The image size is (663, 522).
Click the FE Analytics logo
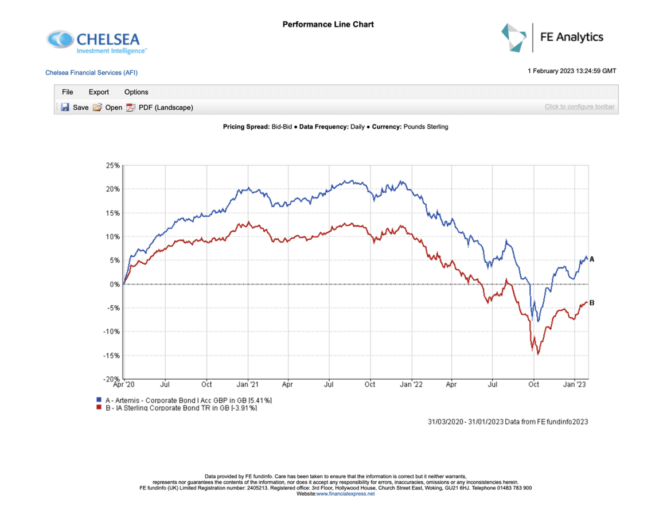[x=552, y=37]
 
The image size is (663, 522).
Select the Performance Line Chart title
[x=328, y=24]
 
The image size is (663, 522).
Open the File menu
[x=68, y=92]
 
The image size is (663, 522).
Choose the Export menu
[x=99, y=92]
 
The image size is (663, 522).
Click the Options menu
[x=136, y=92]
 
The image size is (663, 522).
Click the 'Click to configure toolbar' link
[x=579, y=107]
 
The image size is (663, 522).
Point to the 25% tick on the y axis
[x=113, y=166]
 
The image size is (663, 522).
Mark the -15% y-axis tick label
[x=112, y=356]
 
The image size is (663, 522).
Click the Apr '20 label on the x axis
[x=124, y=384]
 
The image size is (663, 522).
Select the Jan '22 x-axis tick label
[x=411, y=384]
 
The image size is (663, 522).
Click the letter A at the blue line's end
[x=592, y=259]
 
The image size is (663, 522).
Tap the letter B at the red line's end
[x=592, y=303]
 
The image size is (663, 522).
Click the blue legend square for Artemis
[x=99, y=400]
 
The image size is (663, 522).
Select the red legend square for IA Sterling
[x=99, y=408]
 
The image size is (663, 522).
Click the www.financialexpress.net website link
[x=345, y=494]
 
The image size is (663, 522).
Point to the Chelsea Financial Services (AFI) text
[x=92, y=73]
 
